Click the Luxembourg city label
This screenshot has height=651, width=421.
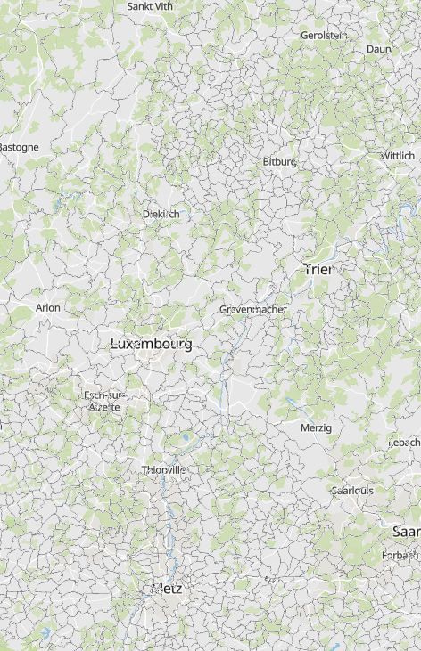(x=151, y=343)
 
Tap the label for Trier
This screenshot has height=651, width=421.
(x=318, y=269)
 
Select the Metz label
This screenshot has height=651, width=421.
(x=166, y=589)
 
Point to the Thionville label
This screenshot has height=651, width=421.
(x=163, y=469)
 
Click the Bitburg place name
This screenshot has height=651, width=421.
(x=279, y=161)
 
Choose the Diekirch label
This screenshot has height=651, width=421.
(x=161, y=214)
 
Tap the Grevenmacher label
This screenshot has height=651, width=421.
(x=253, y=309)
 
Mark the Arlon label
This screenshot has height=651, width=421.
(x=48, y=307)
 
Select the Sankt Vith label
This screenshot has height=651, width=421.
(x=151, y=6)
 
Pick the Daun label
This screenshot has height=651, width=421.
(x=378, y=49)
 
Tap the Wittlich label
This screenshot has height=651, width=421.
(x=397, y=155)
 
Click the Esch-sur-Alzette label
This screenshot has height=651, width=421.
(x=105, y=400)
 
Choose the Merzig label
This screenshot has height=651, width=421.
(x=316, y=427)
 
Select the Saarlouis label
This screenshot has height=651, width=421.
(x=351, y=490)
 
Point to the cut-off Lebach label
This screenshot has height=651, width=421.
(x=407, y=442)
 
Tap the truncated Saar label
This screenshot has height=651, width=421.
(x=407, y=532)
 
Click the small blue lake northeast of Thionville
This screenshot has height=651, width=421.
(x=186, y=437)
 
